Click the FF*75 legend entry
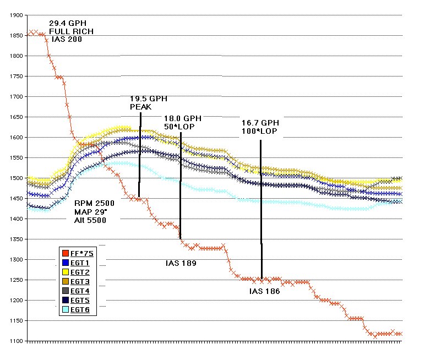(x=81, y=253)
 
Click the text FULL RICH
(x=72, y=31)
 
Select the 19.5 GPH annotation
(x=149, y=99)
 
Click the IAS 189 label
(x=181, y=263)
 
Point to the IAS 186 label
(x=265, y=291)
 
